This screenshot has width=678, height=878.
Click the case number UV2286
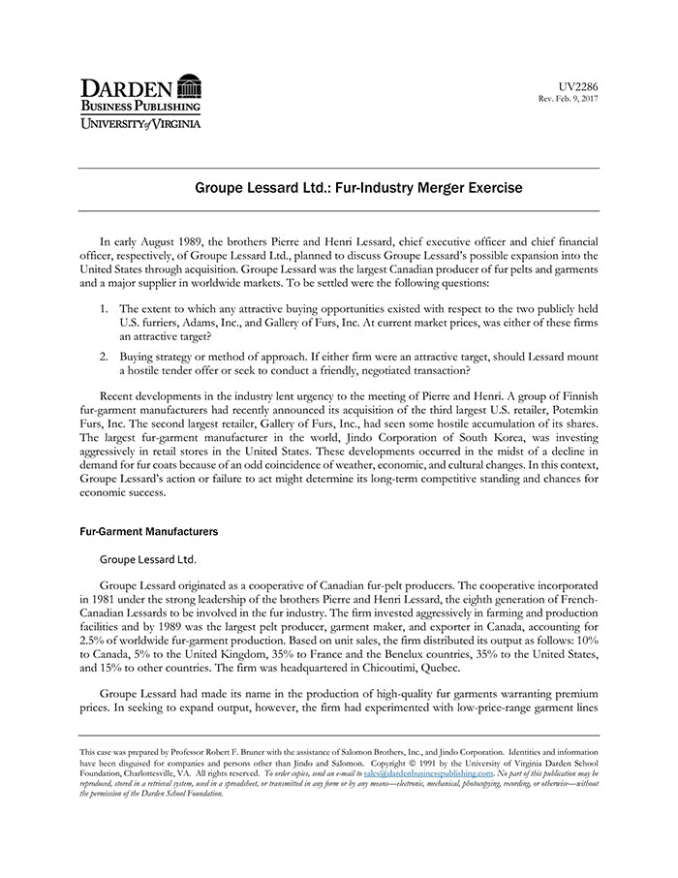pyautogui.click(x=579, y=86)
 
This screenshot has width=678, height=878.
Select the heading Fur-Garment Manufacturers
pyautogui.click(x=148, y=532)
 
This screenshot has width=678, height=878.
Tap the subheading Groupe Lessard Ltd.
pyautogui.click(x=148, y=559)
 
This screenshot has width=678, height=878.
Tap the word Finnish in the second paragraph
pyautogui.click(x=577, y=395)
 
